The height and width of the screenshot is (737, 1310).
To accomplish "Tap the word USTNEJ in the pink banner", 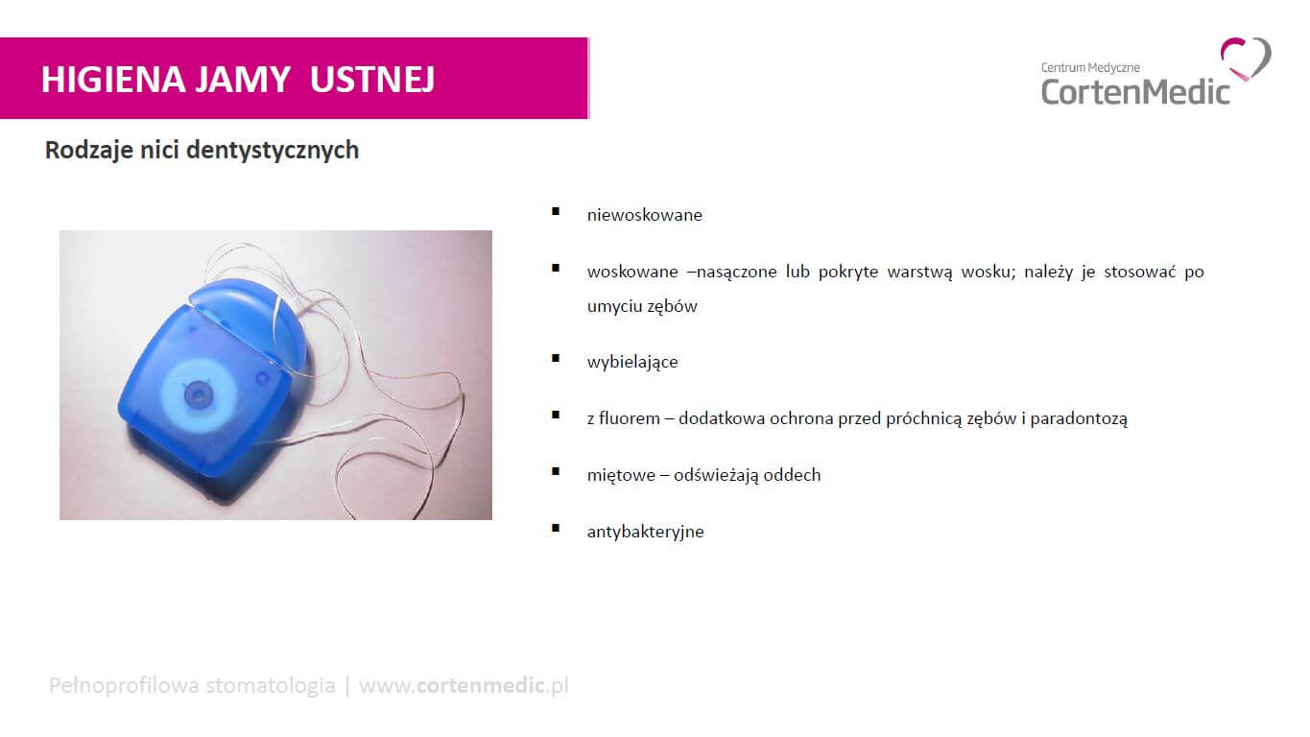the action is click(372, 79).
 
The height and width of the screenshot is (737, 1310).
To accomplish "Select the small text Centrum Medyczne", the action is click(1090, 68).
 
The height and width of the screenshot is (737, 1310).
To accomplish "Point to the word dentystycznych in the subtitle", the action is click(273, 151).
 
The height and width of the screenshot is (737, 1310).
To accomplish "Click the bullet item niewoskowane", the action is click(645, 215).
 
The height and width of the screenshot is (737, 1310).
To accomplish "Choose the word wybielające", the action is click(632, 362).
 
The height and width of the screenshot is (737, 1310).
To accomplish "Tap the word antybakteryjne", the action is click(646, 532).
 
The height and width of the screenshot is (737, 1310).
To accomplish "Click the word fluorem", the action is click(630, 418).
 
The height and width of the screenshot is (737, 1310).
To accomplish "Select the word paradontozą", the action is click(1079, 418).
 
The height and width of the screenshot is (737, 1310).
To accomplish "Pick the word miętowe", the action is click(621, 475).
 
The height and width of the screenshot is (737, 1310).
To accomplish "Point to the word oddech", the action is click(792, 474).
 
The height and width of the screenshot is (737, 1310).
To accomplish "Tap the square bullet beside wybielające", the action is click(556, 358).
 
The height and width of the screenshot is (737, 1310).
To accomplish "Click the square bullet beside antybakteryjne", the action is click(556, 528).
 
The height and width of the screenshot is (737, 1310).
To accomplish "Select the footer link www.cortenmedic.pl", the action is click(464, 685).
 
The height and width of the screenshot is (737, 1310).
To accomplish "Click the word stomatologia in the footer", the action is click(271, 685).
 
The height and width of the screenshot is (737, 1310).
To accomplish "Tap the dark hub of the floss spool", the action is click(198, 394).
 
